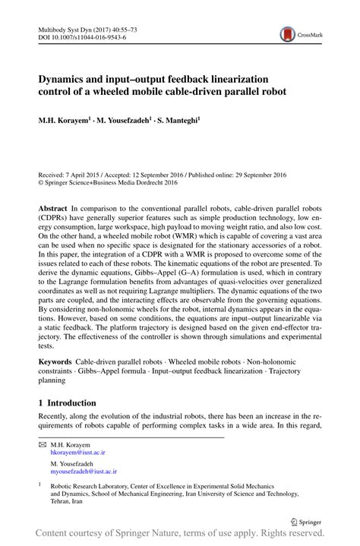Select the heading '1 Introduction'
pos(68,402)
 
